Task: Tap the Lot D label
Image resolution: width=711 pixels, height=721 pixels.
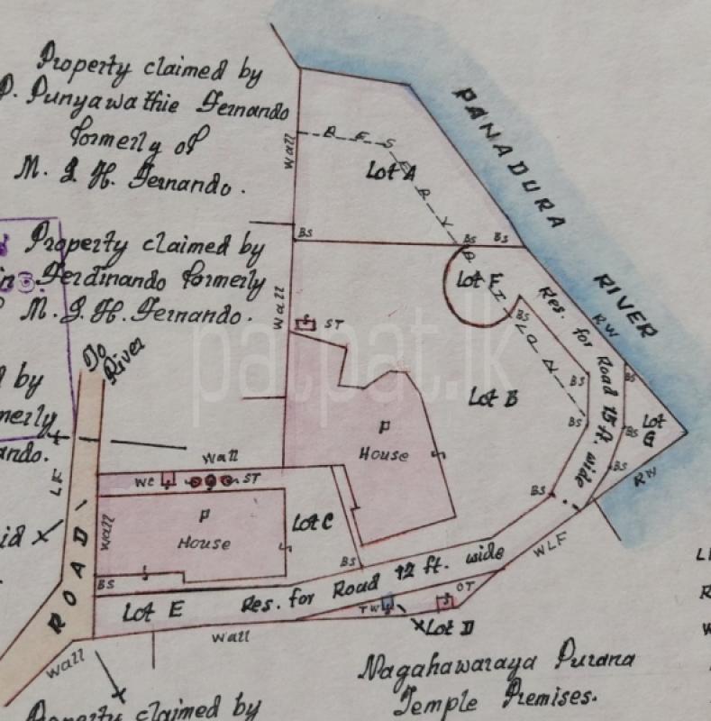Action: (x=444, y=624)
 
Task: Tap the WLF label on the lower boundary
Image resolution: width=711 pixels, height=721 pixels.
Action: (x=545, y=543)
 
